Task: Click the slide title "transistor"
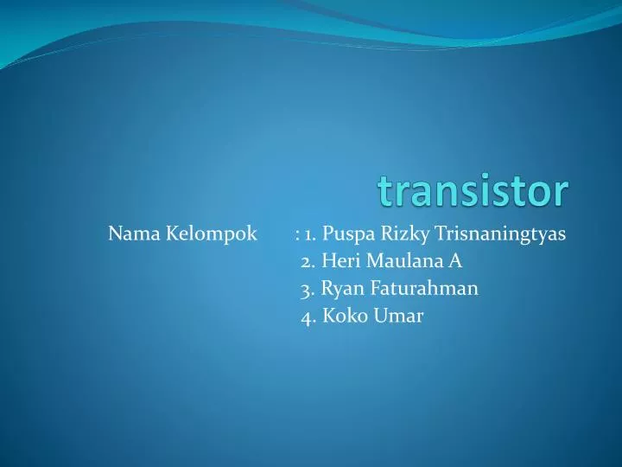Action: pyautogui.click(x=473, y=191)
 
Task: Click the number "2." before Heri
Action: pyautogui.click(x=308, y=261)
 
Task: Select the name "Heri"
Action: pyautogui.click(x=337, y=261)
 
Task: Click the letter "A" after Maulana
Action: pyautogui.click(x=455, y=261)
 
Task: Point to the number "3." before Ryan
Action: pyautogui.click(x=308, y=289)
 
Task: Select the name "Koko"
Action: pyautogui.click(x=345, y=317)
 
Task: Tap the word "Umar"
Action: pyautogui.click(x=398, y=317)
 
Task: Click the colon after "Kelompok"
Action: pyautogui.click(x=296, y=234)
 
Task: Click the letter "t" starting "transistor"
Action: pyautogui.click(x=384, y=192)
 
